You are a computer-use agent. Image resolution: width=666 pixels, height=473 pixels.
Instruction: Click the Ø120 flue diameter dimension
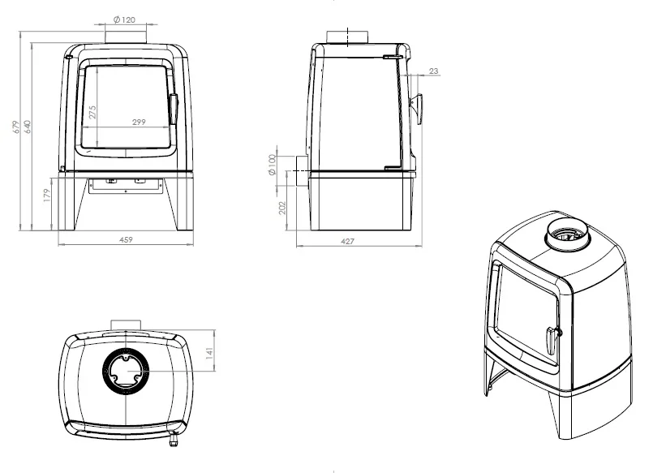[x=124, y=19]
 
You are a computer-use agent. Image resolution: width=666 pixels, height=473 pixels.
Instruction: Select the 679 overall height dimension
[x=16, y=127]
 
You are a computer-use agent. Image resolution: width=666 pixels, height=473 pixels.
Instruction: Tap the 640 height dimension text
[x=28, y=127]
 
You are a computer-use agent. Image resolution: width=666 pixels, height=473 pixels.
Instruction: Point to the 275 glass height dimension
[x=92, y=112]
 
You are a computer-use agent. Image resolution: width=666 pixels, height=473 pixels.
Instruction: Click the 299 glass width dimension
[x=139, y=122]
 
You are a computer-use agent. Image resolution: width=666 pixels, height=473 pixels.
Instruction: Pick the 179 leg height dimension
[x=47, y=195]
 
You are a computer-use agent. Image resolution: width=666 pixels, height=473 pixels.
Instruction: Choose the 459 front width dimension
[x=126, y=239]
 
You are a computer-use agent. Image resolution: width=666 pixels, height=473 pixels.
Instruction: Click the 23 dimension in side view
[x=434, y=71]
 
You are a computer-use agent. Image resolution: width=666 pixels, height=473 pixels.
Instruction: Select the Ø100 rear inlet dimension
[x=273, y=165]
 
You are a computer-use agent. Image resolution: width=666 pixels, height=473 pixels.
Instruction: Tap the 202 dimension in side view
[x=282, y=208]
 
